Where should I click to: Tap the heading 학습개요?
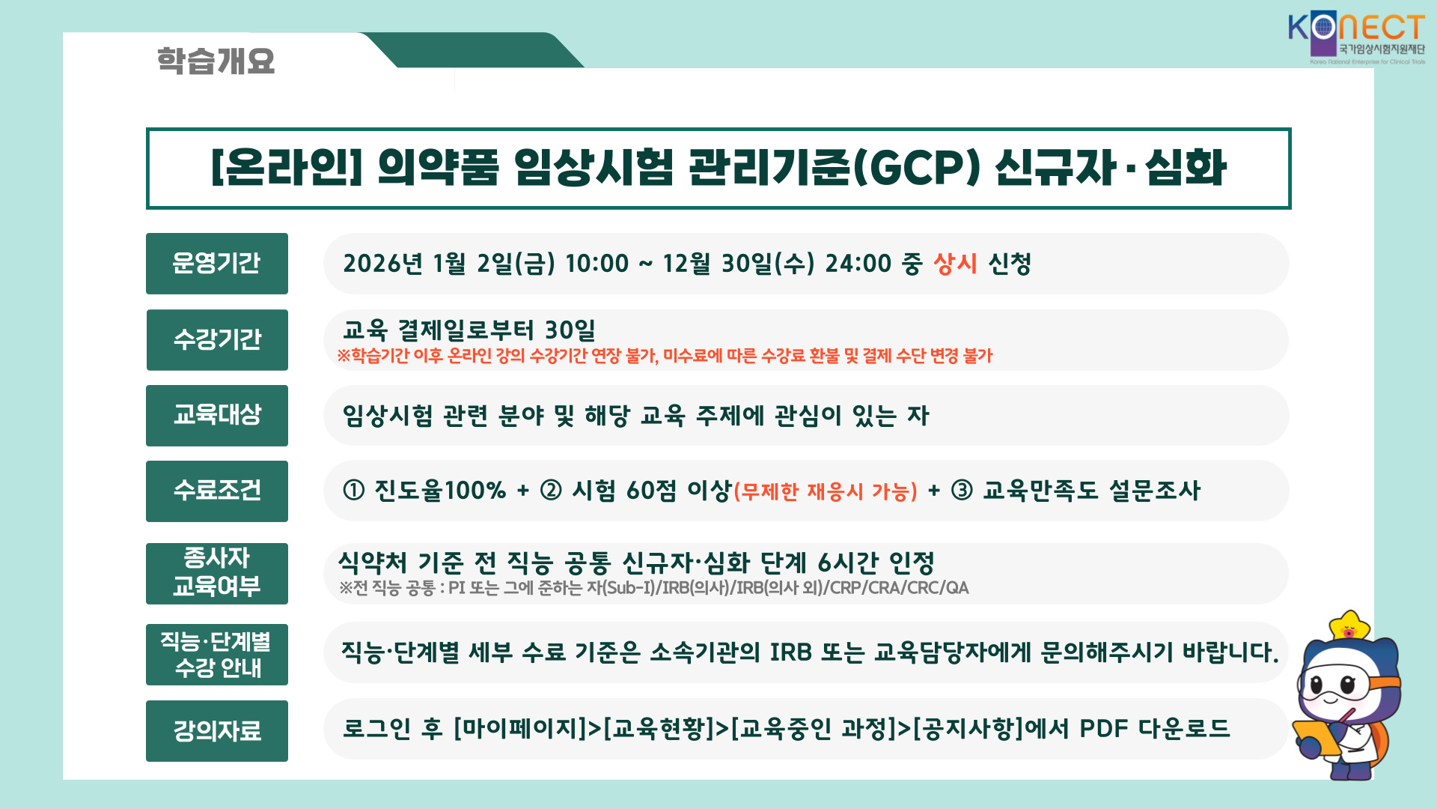[216, 61]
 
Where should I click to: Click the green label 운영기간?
[217, 264]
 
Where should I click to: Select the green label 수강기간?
[217, 340]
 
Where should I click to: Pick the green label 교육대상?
[217, 416]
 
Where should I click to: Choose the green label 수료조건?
[217, 491]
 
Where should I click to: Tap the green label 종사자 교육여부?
[217, 574]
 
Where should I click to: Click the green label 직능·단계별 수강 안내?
[217, 655]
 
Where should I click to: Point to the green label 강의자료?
[217, 731]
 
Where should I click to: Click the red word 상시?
[955, 264]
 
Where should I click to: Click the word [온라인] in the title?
[287, 167]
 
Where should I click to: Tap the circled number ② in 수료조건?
[551, 491]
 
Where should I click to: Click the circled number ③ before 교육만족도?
[962, 491]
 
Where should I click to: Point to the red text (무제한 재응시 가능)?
[826, 492]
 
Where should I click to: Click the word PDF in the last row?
[1103, 728]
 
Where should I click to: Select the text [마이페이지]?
[521, 728]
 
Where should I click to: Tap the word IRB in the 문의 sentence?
[791, 652]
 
